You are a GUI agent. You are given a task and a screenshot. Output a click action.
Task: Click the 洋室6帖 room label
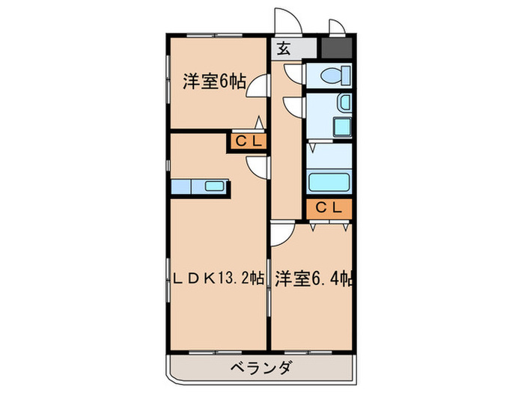tap(214, 81)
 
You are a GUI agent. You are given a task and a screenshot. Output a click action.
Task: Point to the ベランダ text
tap(261, 368)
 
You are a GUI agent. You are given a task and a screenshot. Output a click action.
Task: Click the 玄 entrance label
tap(284, 49)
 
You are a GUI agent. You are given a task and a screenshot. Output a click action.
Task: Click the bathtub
tap(329, 183)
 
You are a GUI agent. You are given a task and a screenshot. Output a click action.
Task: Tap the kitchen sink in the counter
tap(214, 186)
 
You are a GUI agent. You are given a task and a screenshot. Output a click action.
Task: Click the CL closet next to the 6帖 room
tap(247, 141)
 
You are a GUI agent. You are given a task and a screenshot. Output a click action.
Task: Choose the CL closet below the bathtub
tap(328, 209)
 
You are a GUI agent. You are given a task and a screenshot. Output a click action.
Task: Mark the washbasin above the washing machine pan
tap(343, 102)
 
